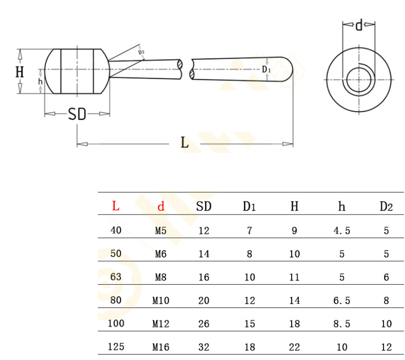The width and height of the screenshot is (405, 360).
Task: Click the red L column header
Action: (116, 206)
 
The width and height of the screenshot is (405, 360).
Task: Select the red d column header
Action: (161, 207)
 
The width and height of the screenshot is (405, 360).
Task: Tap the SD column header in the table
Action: (204, 207)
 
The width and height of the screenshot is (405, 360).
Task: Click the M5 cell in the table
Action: (161, 231)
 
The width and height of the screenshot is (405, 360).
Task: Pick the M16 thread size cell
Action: (161, 347)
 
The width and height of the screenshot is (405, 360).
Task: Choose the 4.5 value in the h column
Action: (342, 231)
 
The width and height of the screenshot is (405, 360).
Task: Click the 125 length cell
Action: (116, 346)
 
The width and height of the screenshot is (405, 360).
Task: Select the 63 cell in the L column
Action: (116, 277)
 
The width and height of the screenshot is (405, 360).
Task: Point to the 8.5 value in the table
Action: (342, 323)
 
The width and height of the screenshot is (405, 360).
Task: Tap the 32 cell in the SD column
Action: (204, 347)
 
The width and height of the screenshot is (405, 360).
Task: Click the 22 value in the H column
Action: (295, 347)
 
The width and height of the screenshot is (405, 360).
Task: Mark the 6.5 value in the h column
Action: (342, 300)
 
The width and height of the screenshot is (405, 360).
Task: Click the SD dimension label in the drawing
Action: (77, 114)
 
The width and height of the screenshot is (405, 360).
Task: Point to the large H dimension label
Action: (20, 72)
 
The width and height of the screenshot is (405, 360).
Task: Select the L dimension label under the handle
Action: (185, 142)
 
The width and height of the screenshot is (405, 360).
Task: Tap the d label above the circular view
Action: (359, 25)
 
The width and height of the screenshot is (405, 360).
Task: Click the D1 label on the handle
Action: (266, 69)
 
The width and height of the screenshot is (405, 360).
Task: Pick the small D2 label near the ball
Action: (141, 52)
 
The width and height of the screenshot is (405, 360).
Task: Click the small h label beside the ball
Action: (40, 82)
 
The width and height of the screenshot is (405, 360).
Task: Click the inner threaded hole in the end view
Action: (359, 80)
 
